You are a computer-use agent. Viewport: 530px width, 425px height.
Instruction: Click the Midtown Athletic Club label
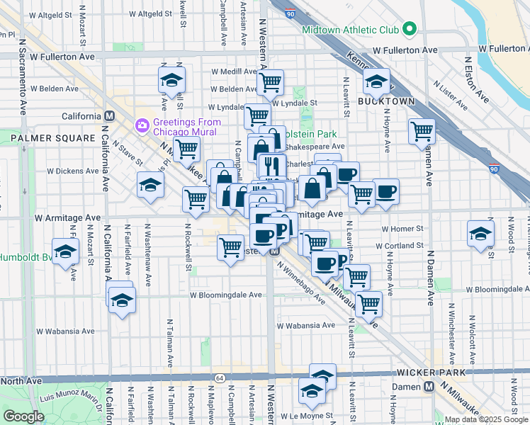pos(349,30)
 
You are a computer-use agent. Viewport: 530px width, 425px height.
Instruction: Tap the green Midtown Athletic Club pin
pos(409,30)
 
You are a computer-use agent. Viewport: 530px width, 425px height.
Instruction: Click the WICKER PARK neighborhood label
pos(432,373)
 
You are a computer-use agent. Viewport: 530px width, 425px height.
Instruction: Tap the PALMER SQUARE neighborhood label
pos(52,137)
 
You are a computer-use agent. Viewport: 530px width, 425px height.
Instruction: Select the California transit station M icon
pos(109,116)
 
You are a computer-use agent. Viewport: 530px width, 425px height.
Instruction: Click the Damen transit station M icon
pos(429,387)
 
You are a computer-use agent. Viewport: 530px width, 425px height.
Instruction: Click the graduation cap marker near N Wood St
pos(480,232)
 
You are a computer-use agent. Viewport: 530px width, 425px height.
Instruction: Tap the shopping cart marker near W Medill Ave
pos(270,81)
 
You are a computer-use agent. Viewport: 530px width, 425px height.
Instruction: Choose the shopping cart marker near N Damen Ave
pos(422,130)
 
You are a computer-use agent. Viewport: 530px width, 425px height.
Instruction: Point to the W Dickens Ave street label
pos(70,171)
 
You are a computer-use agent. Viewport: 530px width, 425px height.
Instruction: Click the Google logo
pos(23,416)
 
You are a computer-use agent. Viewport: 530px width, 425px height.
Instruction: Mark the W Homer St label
pos(402,229)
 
